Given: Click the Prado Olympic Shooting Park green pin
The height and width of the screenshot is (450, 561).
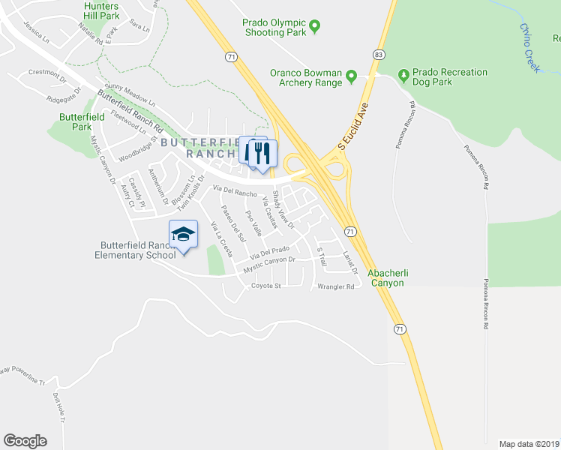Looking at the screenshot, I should pyautogui.click(x=315, y=27).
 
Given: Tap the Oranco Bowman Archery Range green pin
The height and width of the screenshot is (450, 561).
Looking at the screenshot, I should pyautogui.click(x=351, y=77).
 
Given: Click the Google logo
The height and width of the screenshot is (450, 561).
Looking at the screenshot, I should pyautogui.click(x=25, y=440).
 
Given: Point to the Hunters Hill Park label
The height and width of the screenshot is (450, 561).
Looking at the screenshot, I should pyautogui.click(x=102, y=10).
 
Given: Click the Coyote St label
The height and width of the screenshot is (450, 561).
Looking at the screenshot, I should pyautogui.click(x=265, y=286).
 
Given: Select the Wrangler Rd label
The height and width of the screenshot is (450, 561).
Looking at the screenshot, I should pyautogui.click(x=335, y=286).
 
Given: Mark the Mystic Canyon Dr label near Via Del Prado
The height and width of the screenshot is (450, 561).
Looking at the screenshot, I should pyautogui.click(x=269, y=265).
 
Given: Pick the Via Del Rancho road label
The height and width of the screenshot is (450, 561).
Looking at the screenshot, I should pyautogui.click(x=235, y=191).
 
